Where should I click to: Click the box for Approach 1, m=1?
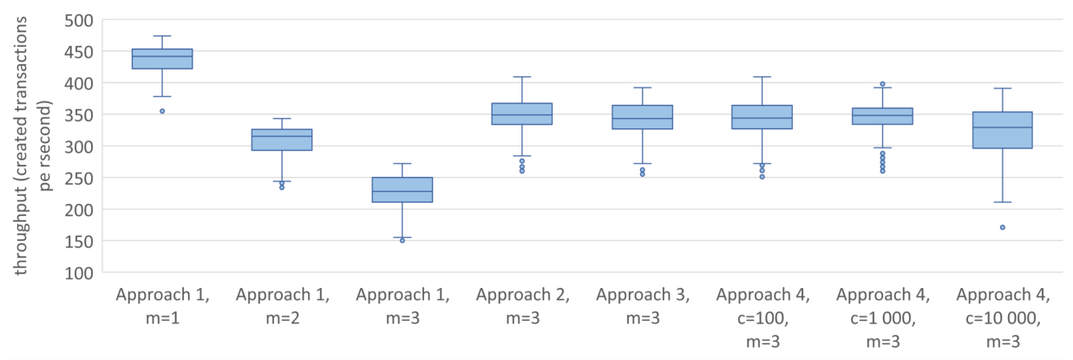pos(162,58)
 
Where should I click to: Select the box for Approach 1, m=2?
pos(282,140)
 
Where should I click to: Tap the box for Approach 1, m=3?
pos(402,189)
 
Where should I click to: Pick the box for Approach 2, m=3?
pos(522,114)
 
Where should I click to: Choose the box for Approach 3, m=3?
pos(643,117)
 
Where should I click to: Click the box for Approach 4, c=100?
pos(762,117)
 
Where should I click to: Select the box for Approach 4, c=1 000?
pos(882,116)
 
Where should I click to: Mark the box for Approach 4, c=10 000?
pos(1003,130)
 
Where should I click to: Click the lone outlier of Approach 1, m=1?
pos(162,111)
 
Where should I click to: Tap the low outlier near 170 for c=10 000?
pos(1003,227)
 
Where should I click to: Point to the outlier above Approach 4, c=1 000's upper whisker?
pos(882,84)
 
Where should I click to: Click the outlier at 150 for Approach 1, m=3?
pos(402,240)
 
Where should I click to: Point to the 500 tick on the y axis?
pos(79,21)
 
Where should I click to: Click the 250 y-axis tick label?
pos(79,179)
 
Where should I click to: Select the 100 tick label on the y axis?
pos(79,272)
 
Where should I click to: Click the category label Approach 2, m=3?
pos(522,306)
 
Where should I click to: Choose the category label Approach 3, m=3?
pos(643,306)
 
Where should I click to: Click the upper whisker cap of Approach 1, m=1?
pos(162,36)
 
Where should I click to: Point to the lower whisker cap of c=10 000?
pos(1003,202)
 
